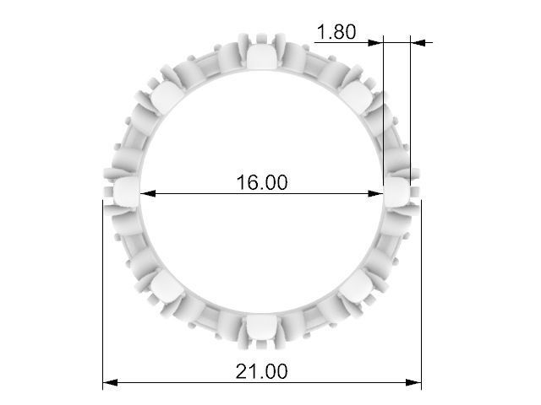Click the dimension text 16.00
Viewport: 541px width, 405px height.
coord(261,182)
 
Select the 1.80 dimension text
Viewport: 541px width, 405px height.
coord(336,32)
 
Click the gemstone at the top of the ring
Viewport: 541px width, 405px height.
coord(262,57)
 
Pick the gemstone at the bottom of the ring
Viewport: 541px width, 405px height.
coord(262,327)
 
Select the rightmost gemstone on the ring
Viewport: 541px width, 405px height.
coord(397,191)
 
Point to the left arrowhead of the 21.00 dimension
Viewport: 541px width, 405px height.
coord(109,383)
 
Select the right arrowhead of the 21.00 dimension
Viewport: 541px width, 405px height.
coord(415,383)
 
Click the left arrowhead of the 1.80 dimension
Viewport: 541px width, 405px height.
coord(378,41)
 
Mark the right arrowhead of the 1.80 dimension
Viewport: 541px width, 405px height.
coord(417,41)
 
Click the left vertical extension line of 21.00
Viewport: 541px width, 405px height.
coord(103,295)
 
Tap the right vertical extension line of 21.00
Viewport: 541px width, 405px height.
coord(421,295)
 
